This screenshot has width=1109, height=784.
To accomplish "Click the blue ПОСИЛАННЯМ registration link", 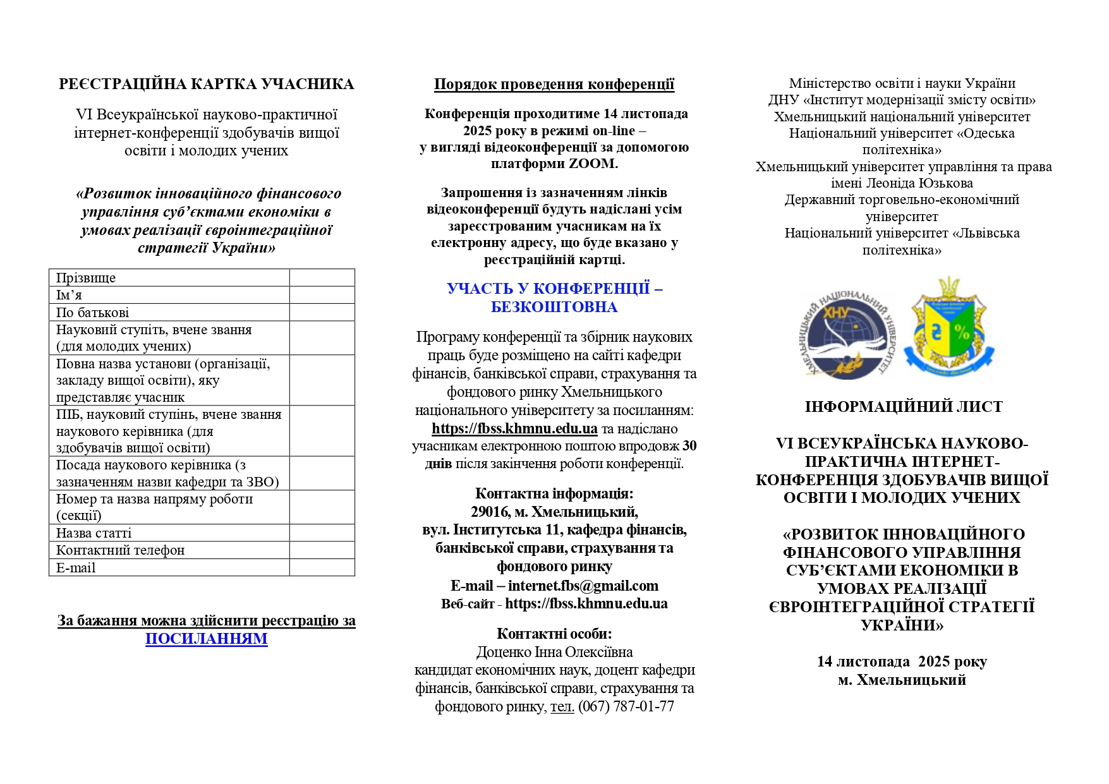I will click(x=206, y=639).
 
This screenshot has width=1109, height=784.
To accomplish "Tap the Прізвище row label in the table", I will click(x=86, y=278).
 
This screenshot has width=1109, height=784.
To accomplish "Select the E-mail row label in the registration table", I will click(x=76, y=568).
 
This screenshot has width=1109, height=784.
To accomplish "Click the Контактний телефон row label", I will click(x=120, y=550).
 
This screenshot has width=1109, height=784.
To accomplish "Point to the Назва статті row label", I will click(x=94, y=533).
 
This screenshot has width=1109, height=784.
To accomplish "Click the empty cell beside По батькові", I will click(x=322, y=313).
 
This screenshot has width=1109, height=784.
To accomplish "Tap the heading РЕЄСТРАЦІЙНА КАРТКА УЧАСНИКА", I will click(x=206, y=85).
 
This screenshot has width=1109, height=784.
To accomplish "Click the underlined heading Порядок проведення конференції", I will click(x=554, y=85).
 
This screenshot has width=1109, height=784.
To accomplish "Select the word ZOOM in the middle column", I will click(x=591, y=164).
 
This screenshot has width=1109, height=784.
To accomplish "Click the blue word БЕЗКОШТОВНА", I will click(x=554, y=307).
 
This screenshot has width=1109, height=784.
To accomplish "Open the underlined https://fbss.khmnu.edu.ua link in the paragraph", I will click(x=514, y=428).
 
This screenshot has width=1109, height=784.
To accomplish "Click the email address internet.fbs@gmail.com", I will click(x=583, y=586).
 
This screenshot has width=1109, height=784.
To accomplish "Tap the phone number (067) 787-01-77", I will click(x=626, y=706).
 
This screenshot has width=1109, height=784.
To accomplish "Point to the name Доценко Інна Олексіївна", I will click(x=554, y=652).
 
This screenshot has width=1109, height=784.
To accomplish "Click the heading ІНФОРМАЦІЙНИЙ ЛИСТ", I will click(x=903, y=407).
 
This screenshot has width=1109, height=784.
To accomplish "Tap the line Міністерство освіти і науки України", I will click(x=902, y=83).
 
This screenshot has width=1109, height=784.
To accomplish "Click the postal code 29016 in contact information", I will click(x=490, y=512).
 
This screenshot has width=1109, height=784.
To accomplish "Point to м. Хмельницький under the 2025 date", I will click(x=902, y=680).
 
